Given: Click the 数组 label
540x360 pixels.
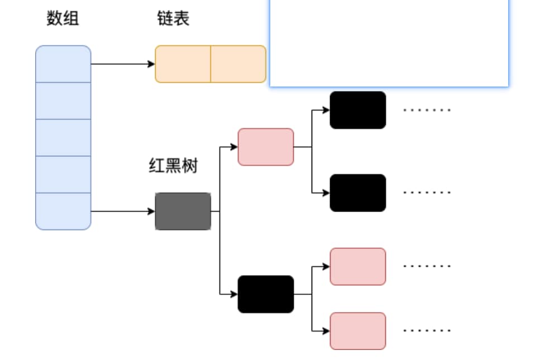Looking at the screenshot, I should coord(63,19).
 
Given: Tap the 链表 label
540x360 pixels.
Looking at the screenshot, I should coord(173,19).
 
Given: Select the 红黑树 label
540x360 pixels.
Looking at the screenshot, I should coord(173,166).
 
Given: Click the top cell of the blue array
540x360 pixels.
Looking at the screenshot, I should coord(63,64).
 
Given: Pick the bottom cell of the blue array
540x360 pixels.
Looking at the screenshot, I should coord(63,211).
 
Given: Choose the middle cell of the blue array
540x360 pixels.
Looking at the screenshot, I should coord(63,137).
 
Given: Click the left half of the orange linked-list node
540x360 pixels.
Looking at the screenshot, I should coord(183,64).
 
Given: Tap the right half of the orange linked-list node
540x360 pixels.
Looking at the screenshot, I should coord(238,64).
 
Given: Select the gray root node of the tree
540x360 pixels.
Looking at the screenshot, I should coord(183,211).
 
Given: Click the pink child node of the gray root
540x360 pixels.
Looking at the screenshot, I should coord(266,147).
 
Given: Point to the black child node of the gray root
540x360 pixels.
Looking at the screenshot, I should coord(266,294).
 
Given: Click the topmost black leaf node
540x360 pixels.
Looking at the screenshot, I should coord(358,110).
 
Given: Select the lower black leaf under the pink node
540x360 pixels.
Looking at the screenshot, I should coord(358,193).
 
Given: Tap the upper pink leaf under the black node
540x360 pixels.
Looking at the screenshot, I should coord(358,266).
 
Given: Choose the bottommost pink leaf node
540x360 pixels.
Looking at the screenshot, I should coord(358,331).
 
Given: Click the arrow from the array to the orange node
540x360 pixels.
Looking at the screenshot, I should coord(123,64).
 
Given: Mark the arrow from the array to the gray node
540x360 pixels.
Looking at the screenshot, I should coord(123,212).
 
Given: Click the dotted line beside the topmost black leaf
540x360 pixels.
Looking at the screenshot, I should coord(427,110).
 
